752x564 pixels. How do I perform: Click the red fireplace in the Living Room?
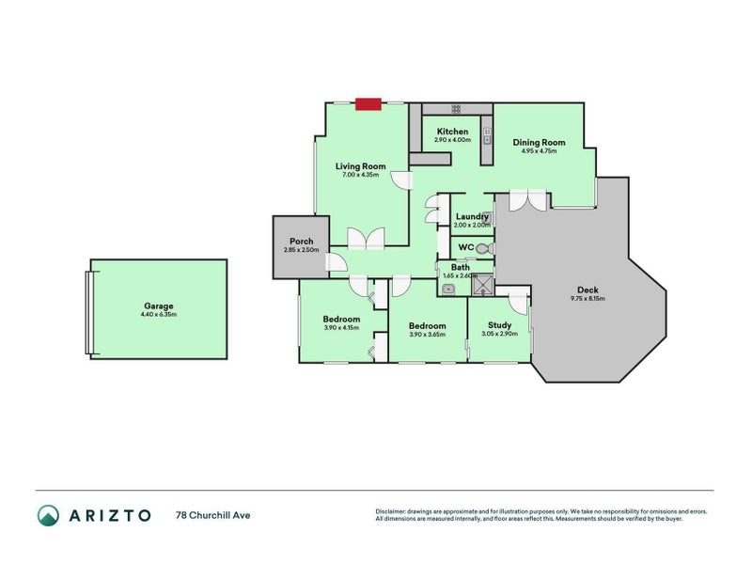coord(368,104)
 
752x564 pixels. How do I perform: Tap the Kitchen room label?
coord(452,132)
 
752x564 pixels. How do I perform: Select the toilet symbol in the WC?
coord(483,249)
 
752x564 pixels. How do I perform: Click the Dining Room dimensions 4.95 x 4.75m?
coord(539,151)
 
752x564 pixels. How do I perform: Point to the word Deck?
coord(587,290)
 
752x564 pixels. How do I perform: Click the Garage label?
coord(159,305)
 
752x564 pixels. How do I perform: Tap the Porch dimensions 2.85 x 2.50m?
coord(301,250)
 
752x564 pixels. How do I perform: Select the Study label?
coord(499,325)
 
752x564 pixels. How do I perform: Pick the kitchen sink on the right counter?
coord(488,137)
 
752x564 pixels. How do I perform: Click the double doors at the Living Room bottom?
coord(366,239)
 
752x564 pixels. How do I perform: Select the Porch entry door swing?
coord(336,266)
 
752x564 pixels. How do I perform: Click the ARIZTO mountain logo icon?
coord(48,515)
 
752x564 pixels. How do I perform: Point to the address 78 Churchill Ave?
coord(213,515)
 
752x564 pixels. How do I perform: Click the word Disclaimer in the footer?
coord(392,511)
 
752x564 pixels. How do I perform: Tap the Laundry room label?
coord(472,216)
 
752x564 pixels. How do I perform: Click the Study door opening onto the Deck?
coord(518,301)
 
